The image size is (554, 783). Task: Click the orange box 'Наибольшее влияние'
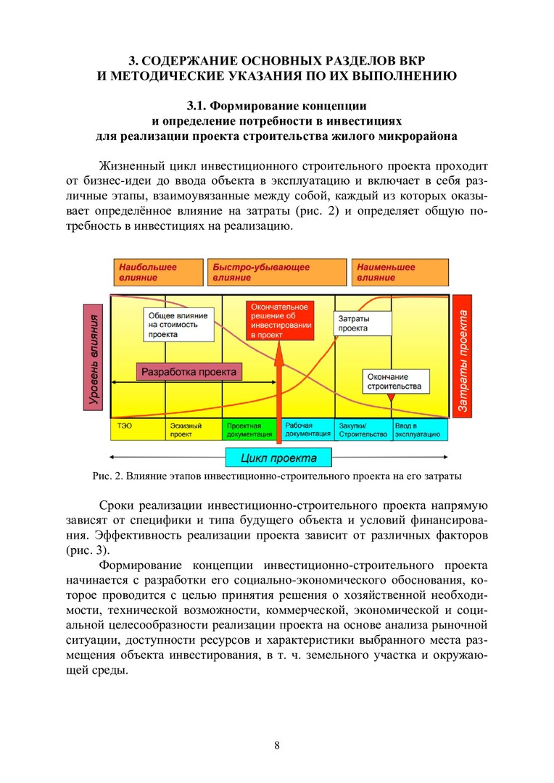coord(157,273)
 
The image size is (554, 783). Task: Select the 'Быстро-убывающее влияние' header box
coord(276,273)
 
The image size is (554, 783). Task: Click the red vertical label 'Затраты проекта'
coord(462,356)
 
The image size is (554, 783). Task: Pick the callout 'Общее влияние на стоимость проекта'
coord(178,326)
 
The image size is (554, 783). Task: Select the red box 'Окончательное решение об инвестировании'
coord(280,321)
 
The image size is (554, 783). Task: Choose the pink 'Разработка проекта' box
coord(189,372)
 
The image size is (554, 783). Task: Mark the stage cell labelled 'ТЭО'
coord(138,430)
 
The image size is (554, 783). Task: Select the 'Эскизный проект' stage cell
coord(194,430)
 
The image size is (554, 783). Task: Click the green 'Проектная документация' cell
coord(250,430)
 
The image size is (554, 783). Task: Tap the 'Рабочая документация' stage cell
coord(307,430)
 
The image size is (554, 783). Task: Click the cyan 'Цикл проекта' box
coord(278,457)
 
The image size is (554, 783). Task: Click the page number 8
coord(276,745)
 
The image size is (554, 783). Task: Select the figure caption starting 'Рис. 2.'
coord(276,477)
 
